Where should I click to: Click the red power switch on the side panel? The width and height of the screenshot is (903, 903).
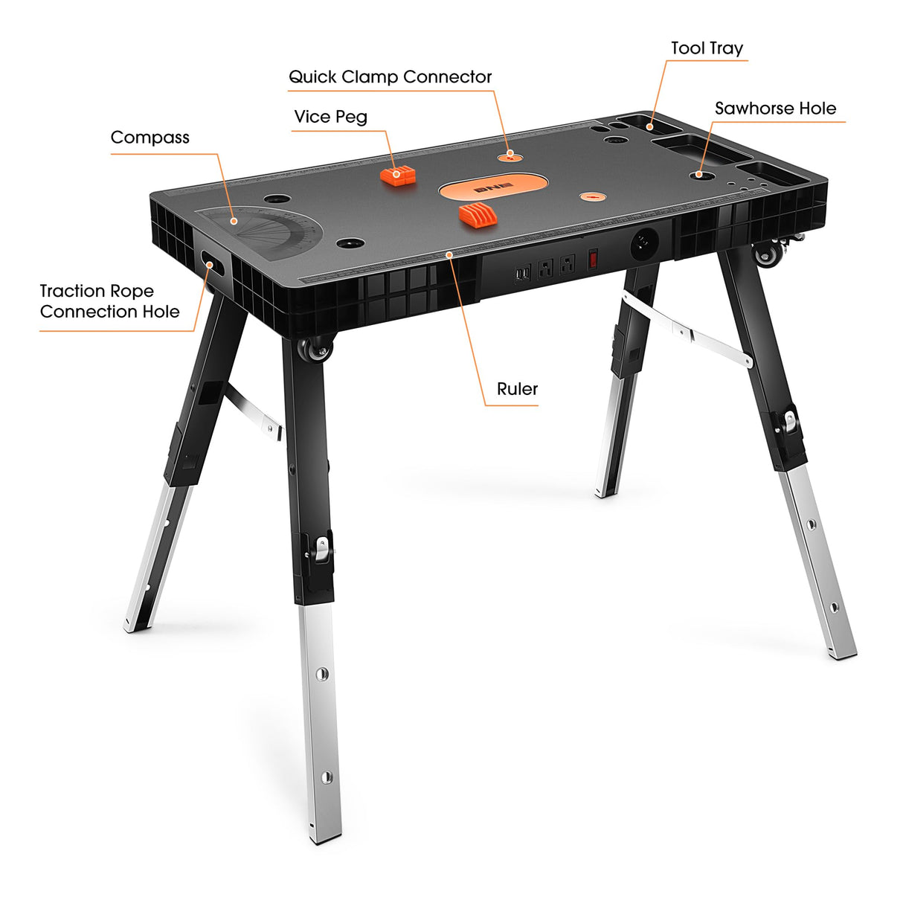(x=593, y=259)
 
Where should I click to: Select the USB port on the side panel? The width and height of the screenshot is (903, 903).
(x=521, y=274)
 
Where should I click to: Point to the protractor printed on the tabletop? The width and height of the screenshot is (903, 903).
(x=267, y=231)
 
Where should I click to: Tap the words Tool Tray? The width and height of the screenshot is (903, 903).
(x=707, y=48)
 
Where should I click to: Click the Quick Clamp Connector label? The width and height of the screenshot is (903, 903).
(x=390, y=77)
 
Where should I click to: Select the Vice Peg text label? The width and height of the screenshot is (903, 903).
(x=330, y=117)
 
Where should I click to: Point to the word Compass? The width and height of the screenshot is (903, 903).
(x=150, y=138)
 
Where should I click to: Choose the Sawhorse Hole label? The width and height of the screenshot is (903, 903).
(x=775, y=109)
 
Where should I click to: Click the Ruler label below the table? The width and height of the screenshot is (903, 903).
(x=517, y=389)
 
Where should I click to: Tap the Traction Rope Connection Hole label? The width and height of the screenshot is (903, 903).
(x=109, y=301)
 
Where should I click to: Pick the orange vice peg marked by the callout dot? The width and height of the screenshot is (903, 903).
(x=398, y=176)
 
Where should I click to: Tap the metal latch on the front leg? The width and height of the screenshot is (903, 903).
(x=321, y=550)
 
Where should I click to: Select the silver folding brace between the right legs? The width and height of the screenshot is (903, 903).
(x=688, y=330)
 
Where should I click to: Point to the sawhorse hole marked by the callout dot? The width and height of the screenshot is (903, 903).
(x=699, y=175)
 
